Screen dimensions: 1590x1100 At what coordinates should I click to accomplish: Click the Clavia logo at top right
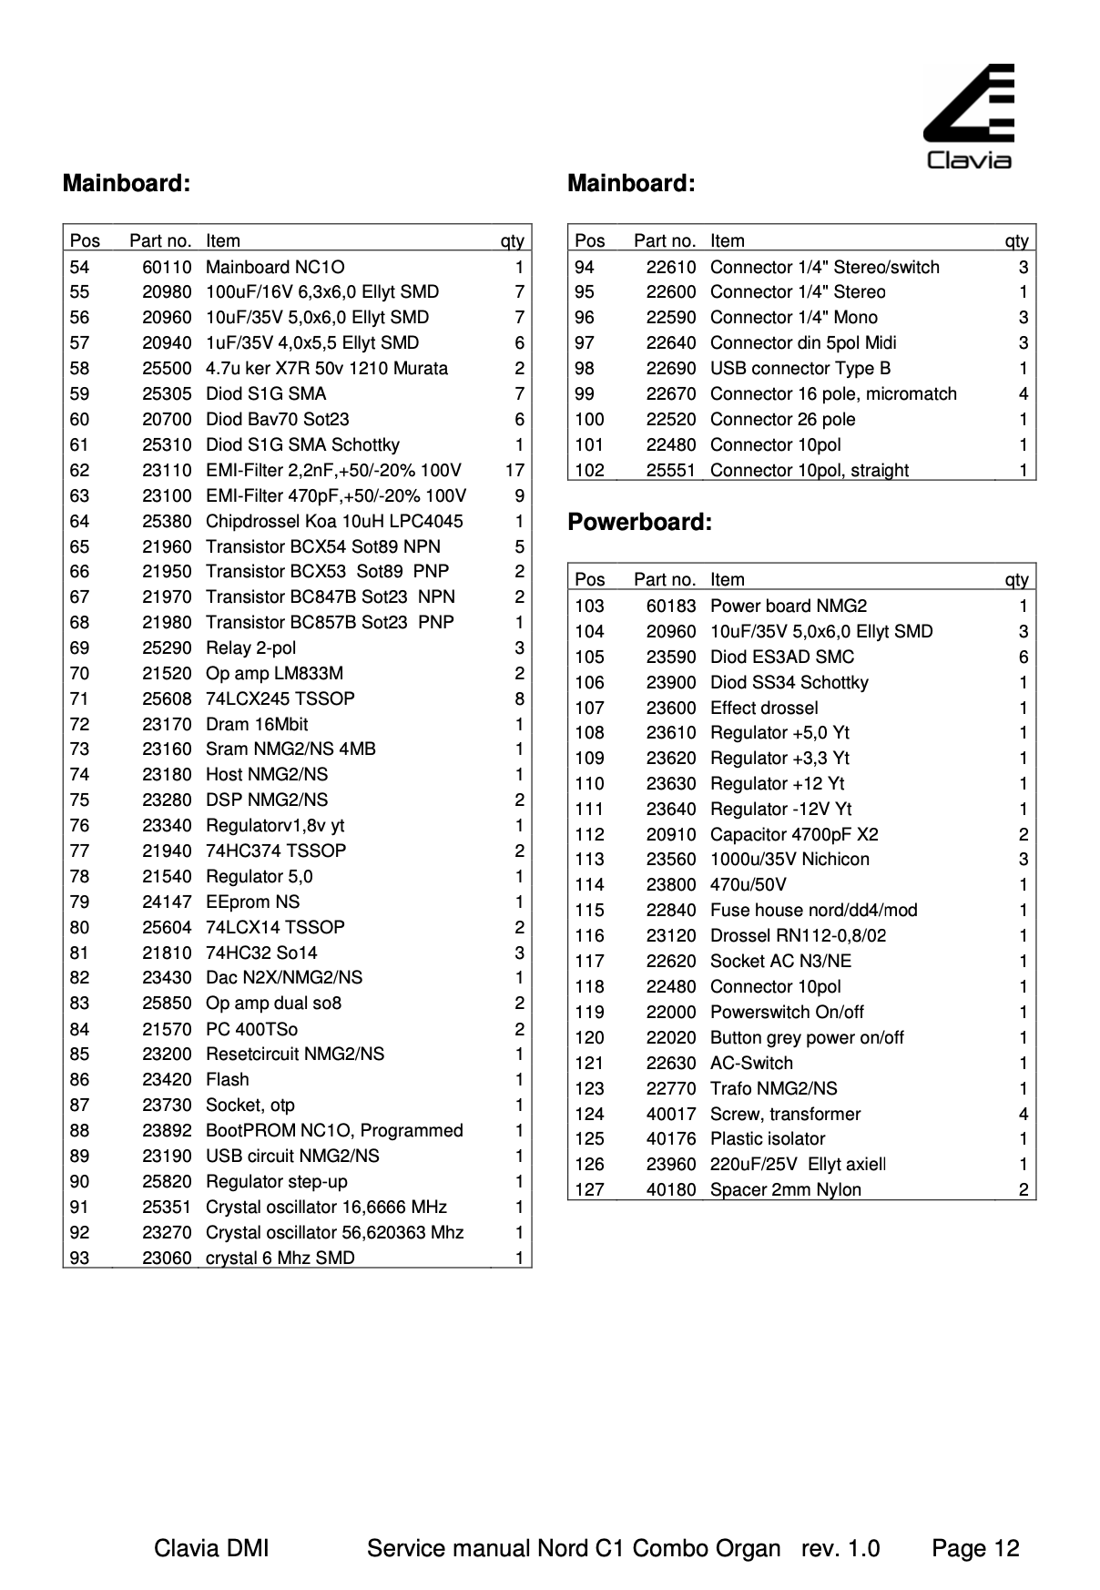(969, 117)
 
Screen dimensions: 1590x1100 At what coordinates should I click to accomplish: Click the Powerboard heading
(639, 522)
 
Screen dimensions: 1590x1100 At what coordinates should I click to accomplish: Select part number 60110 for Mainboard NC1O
(167, 267)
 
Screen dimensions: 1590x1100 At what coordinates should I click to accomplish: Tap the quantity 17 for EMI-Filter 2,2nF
(514, 470)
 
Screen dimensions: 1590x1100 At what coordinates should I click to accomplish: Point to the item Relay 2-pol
(250, 647)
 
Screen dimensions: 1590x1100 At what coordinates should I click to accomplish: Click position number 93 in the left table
(79, 1258)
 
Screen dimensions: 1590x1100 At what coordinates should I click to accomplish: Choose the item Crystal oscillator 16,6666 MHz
(326, 1207)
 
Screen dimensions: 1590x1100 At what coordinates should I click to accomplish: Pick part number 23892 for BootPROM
(167, 1130)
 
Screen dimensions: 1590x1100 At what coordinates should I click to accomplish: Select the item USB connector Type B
(800, 368)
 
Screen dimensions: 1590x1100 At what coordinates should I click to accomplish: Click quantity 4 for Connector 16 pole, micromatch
(1023, 393)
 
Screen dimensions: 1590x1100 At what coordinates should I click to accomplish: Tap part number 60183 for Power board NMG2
(671, 606)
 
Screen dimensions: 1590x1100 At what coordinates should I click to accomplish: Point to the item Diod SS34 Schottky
(789, 682)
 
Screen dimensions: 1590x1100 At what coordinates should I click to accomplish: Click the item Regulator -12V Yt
(780, 809)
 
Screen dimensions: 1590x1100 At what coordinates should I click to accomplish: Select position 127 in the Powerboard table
(589, 1189)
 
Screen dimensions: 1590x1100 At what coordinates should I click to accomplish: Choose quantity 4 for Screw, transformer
(1023, 1114)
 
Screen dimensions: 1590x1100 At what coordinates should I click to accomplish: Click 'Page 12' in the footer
(975, 1548)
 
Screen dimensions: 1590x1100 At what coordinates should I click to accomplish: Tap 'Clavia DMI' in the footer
(211, 1548)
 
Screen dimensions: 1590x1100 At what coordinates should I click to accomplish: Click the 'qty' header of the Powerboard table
(1016, 579)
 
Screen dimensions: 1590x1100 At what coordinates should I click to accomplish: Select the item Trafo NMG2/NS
(773, 1088)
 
